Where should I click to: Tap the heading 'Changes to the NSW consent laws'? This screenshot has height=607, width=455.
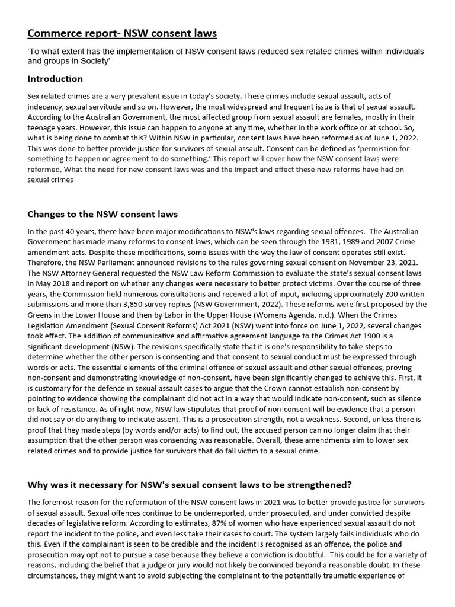click(x=102, y=214)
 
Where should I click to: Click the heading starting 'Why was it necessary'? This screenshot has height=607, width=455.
click(x=190, y=484)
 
